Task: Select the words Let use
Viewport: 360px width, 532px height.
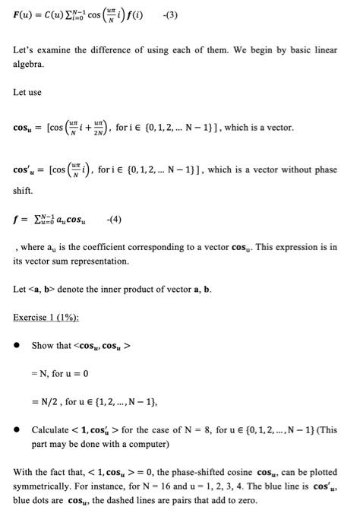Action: (27, 92)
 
